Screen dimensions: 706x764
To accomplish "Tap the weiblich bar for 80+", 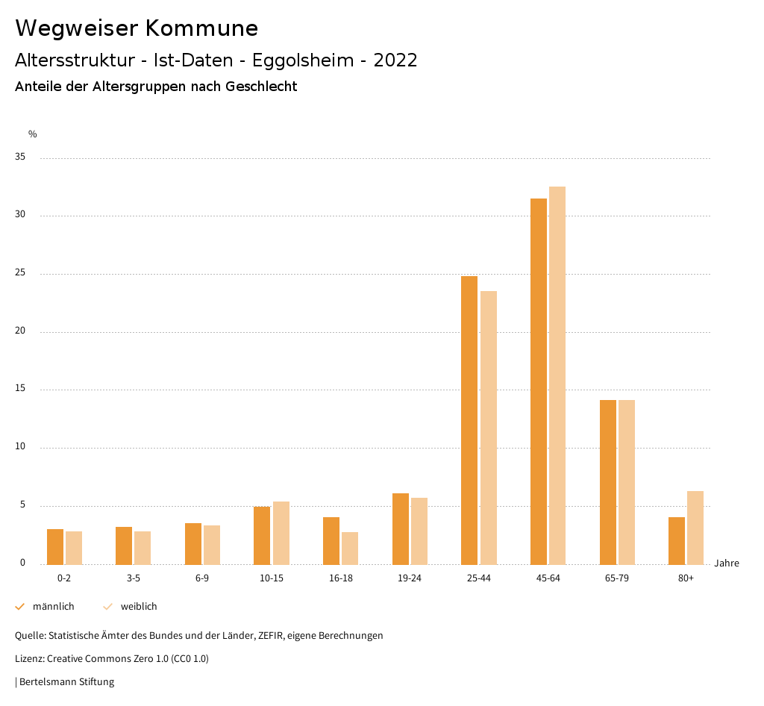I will (x=695, y=528).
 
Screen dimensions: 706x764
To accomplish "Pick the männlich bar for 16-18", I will (x=331, y=540).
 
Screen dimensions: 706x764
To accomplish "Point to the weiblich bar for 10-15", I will (x=281, y=533).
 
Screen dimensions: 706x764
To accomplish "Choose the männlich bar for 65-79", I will (x=608, y=482).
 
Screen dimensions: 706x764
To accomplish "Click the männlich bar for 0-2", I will (x=55, y=546).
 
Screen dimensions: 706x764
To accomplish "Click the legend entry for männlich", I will (x=53, y=607).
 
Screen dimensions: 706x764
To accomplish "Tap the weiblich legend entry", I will (x=139, y=607).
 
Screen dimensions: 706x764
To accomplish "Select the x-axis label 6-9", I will (x=202, y=578).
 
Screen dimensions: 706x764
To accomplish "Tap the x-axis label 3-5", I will (x=134, y=578).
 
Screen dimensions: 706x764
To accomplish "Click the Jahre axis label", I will (x=727, y=563).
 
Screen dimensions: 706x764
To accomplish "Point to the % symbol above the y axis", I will (x=33, y=134).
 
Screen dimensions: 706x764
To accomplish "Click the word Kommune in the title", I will (x=201, y=28).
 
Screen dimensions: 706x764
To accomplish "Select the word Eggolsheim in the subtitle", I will (x=303, y=60).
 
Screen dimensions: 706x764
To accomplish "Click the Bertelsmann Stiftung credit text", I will (x=66, y=682).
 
